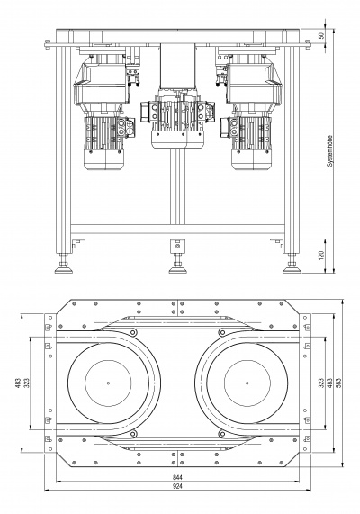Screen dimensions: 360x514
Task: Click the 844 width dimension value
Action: click(177, 477)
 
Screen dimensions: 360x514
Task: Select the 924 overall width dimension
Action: click(177, 486)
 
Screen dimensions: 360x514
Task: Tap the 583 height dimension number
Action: click(339, 383)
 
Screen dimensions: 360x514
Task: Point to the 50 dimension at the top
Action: click(321, 35)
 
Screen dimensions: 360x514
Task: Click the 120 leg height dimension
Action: click(321, 256)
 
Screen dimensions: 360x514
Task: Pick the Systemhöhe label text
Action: click(329, 151)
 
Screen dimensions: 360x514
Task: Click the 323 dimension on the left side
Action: click(27, 383)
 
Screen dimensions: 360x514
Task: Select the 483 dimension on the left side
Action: click(18, 383)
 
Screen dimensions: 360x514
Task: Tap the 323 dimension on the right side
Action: click(321, 383)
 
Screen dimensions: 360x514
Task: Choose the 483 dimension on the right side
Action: click(330, 383)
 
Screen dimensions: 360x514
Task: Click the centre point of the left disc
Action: click(108, 383)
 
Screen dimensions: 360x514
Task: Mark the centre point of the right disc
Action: click(247, 383)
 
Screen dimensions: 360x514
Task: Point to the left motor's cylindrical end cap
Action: click(103, 160)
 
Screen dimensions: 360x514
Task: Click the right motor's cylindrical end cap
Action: click(252, 160)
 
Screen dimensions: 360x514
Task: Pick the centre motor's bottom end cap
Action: click(177, 141)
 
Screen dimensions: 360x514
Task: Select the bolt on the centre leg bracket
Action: click(177, 246)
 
